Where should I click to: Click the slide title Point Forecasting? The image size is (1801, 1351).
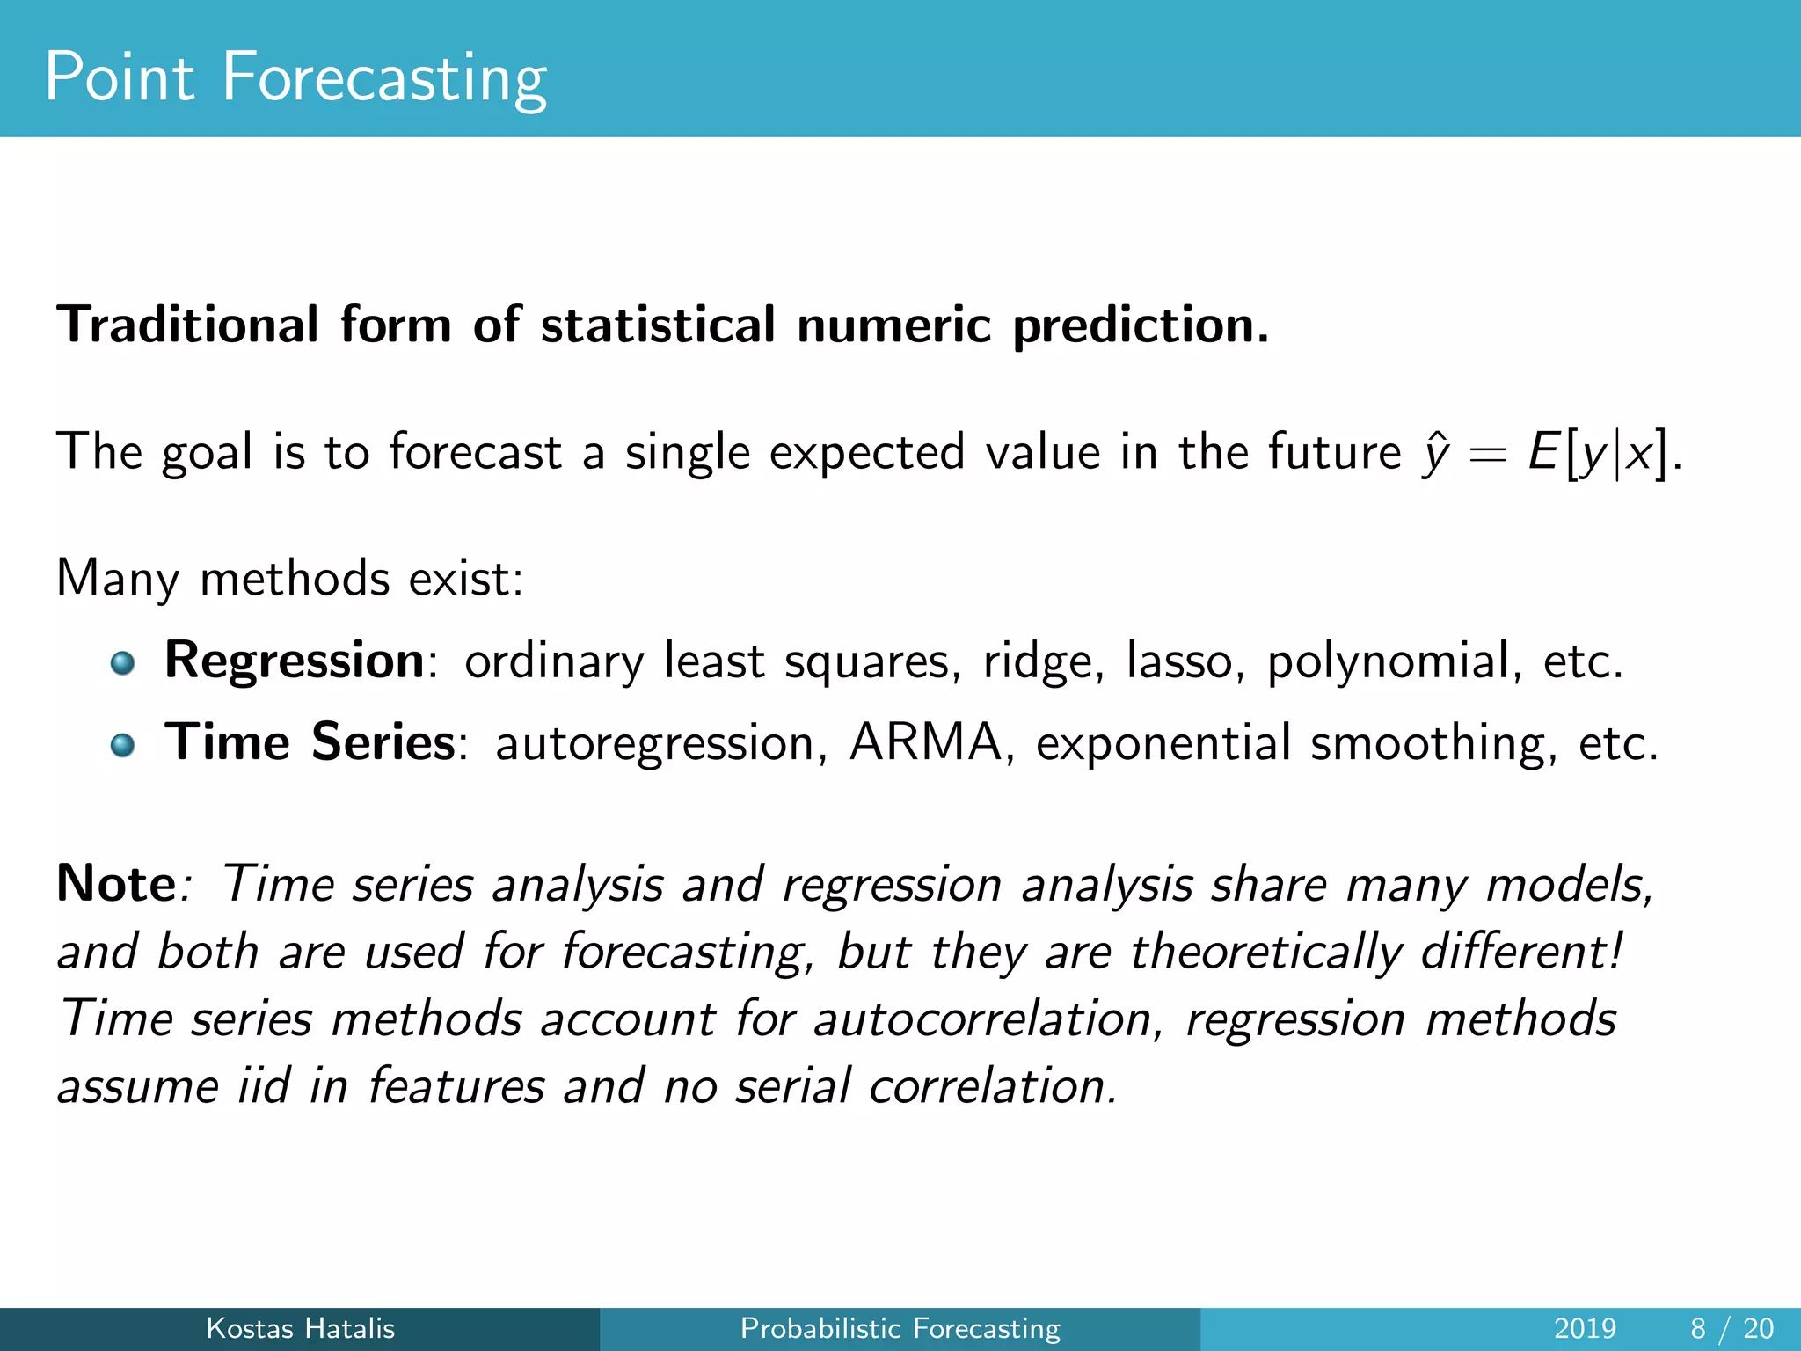tap(295, 79)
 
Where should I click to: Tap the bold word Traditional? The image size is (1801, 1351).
tap(187, 325)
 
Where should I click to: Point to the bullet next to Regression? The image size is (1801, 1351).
tap(122, 662)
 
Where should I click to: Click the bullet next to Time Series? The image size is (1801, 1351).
tap(122, 745)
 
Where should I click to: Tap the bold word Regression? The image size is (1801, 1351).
tap(295, 661)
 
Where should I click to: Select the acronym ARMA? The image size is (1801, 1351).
tap(925, 742)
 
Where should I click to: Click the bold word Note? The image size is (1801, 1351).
tap(116, 884)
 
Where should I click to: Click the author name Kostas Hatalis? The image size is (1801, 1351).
tap(300, 1328)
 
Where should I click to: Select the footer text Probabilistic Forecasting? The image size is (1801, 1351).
tap(900, 1328)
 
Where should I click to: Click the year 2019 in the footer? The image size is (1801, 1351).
tap(1585, 1328)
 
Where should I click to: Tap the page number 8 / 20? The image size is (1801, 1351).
tap(1731, 1328)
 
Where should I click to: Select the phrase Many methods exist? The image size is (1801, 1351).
tap(289, 580)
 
